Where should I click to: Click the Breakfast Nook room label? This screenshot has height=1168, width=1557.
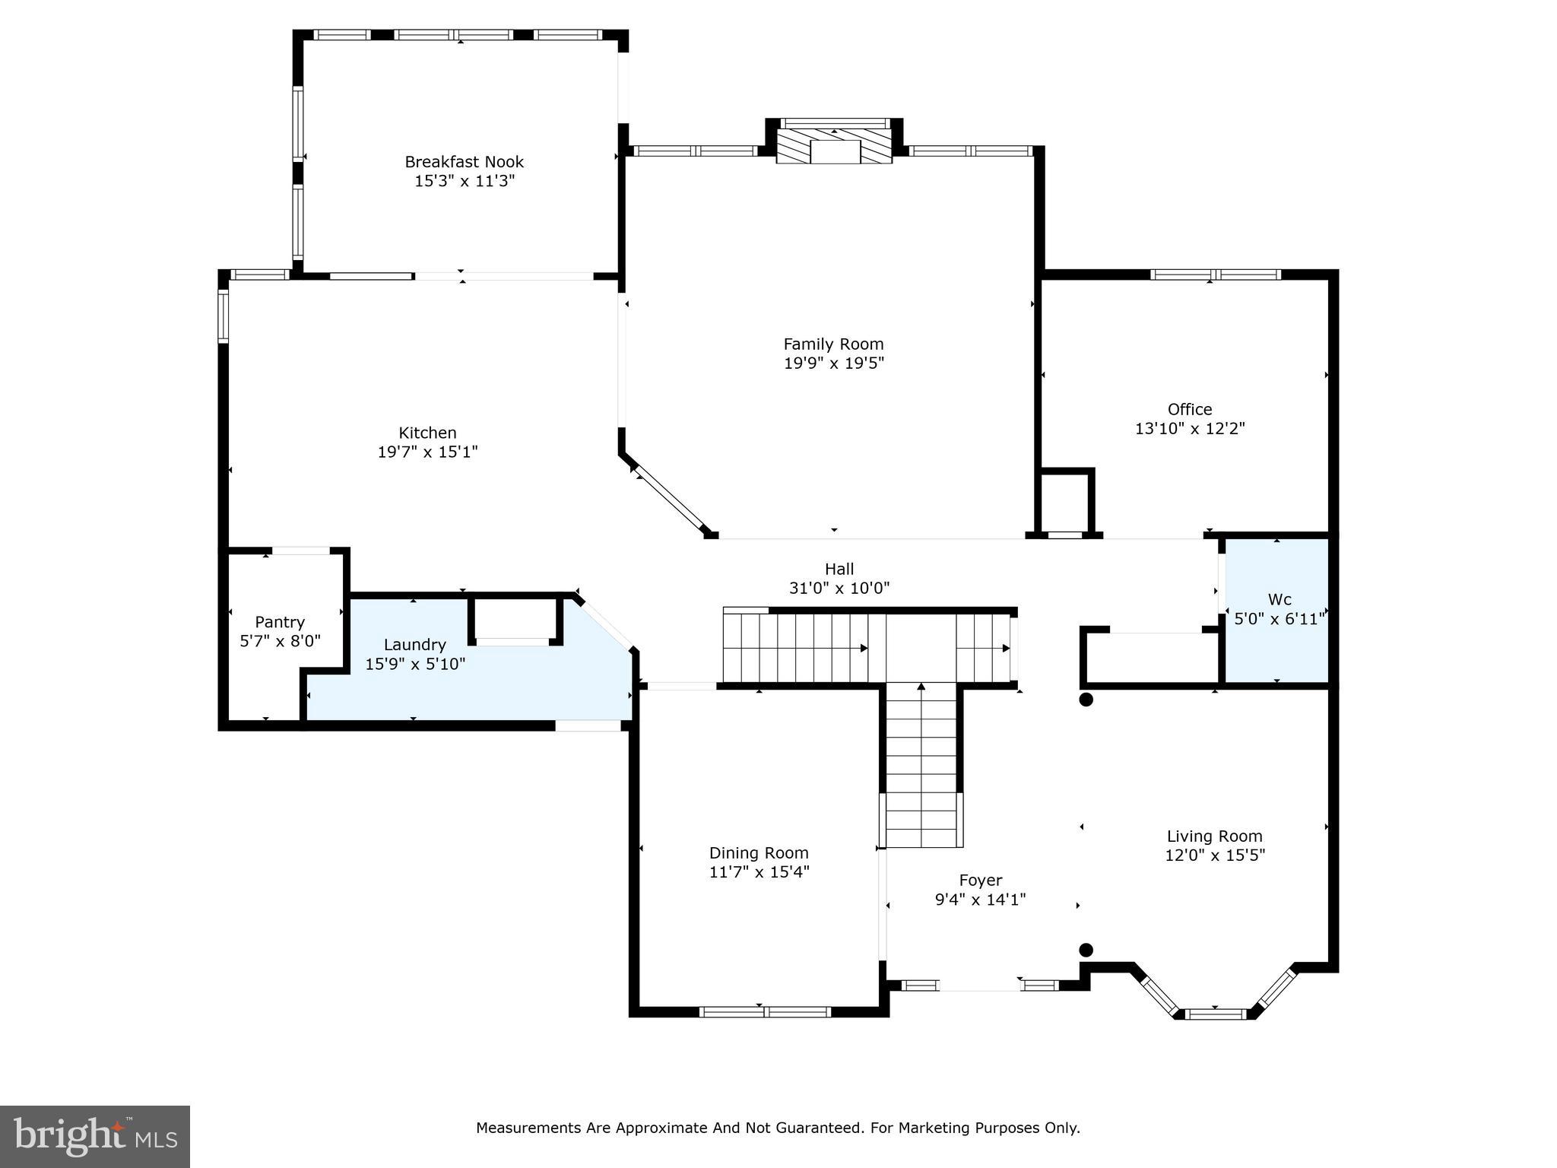464,162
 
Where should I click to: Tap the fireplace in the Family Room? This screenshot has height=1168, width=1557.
834,150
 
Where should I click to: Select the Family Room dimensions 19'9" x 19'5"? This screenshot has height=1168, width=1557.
833,363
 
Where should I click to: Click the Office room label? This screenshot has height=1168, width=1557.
1189,409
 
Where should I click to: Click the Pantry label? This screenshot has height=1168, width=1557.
280,622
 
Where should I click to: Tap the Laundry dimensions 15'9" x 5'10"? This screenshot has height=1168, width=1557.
415,664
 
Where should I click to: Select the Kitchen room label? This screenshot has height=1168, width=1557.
427,433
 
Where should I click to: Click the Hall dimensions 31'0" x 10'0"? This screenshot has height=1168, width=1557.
839,588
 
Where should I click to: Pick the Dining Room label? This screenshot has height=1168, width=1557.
759,853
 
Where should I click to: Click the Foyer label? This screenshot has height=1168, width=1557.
980,881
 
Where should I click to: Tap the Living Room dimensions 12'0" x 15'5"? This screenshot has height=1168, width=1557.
1214,855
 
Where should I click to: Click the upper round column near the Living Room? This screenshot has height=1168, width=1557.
1086,700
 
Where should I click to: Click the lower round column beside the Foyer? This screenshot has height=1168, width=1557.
1086,950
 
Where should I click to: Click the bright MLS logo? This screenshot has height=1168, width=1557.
95,1137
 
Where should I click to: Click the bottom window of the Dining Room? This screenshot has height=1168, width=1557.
764,1011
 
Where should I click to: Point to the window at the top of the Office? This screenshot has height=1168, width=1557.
1215,275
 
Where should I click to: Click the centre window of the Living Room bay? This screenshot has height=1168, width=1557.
1215,1014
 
